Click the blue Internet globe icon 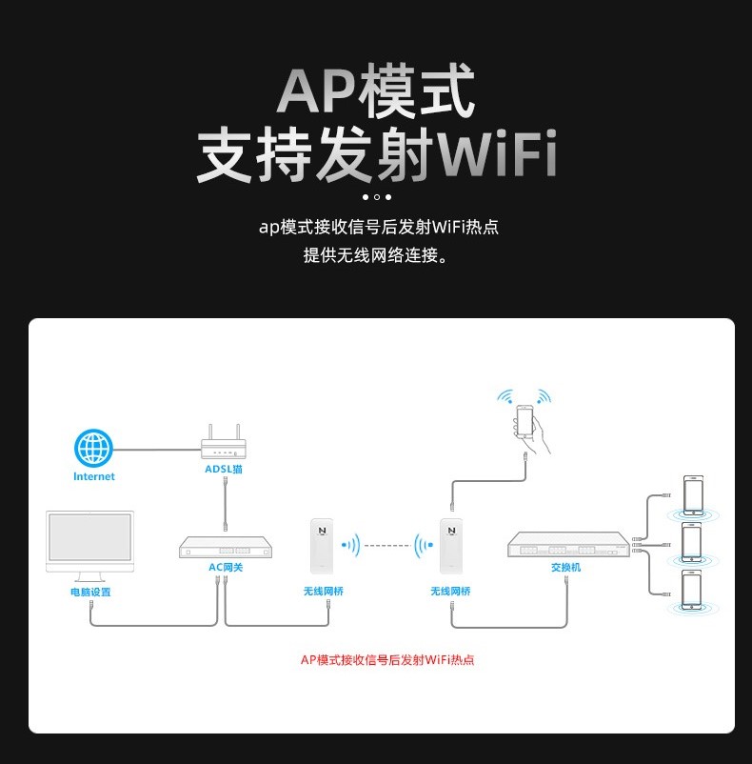(x=94, y=448)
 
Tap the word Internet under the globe (x=94, y=476)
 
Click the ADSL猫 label (x=224, y=469)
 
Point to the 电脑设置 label (x=90, y=592)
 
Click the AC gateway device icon (x=226, y=548)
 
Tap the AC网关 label (x=226, y=567)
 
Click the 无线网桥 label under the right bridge (x=449, y=592)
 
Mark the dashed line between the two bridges (x=386, y=546)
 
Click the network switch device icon (x=567, y=545)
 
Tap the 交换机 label (x=565, y=568)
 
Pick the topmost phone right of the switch (x=692, y=495)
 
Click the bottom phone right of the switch (x=692, y=589)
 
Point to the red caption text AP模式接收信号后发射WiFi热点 (x=387, y=659)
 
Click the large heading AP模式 (x=375, y=92)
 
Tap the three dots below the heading (x=376, y=197)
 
